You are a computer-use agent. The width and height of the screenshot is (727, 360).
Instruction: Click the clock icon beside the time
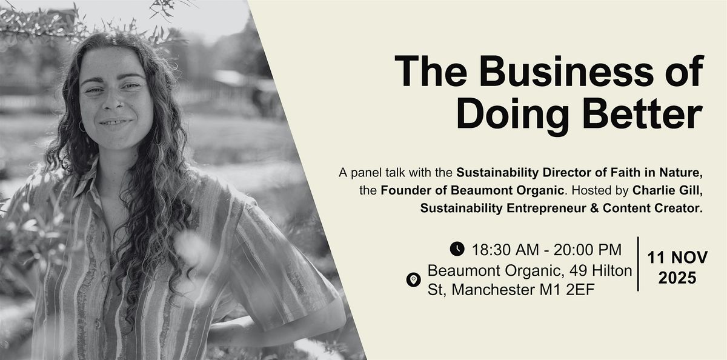tap(457, 248)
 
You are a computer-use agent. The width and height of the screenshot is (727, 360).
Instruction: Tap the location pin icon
tap(414, 280)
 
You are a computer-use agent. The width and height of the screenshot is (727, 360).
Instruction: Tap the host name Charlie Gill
tap(669, 190)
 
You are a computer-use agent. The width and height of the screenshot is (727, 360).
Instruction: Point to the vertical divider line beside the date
tap(638, 264)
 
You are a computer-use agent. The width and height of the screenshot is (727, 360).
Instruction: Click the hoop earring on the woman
tap(82, 127)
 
